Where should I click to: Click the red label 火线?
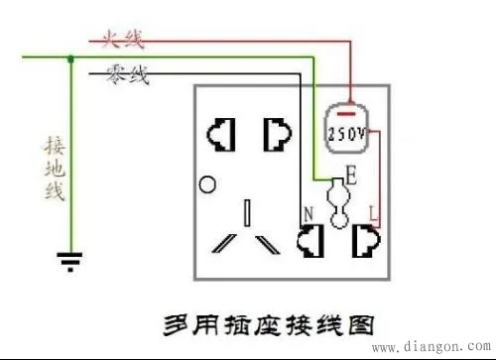click(x=120, y=41)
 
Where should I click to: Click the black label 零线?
click(x=126, y=74)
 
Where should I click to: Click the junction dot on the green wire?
click(x=69, y=59)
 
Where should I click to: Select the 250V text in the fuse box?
click(x=346, y=132)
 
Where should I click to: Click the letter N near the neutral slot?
click(x=307, y=212)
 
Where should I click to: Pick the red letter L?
click(x=371, y=211)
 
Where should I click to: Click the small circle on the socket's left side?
click(x=206, y=184)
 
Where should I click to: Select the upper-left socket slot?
click(x=218, y=132)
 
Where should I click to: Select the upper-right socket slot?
click(x=274, y=132)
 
